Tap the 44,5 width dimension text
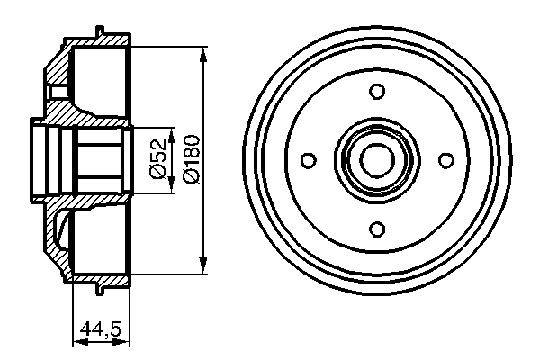click(100, 329)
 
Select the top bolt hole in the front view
click(378, 91)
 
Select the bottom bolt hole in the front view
click(378, 228)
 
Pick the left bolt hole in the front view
click(309, 160)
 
